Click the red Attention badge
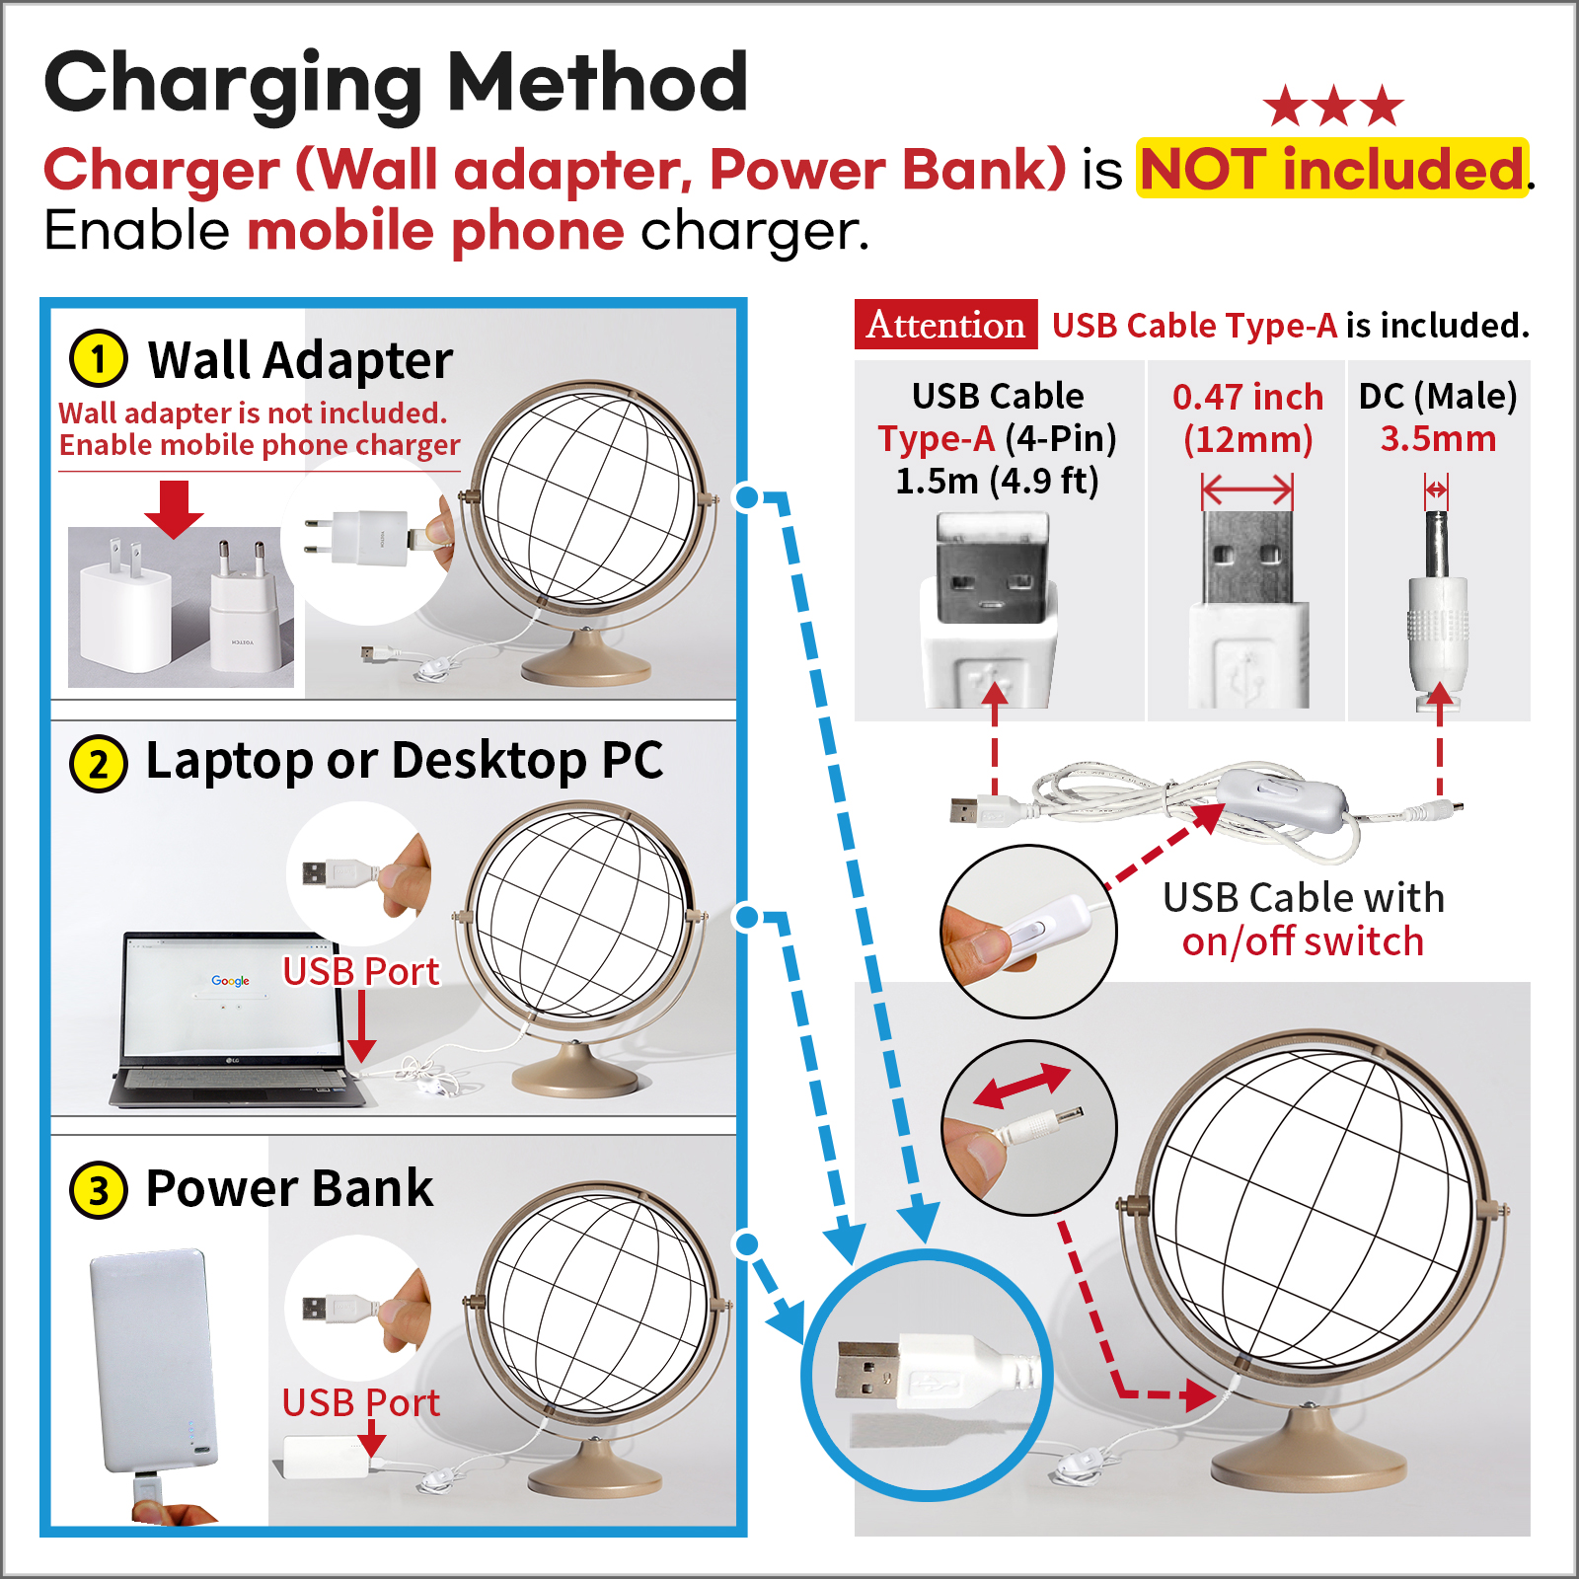tap(945, 325)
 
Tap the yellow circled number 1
tap(99, 358)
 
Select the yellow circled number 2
tap(99, 764)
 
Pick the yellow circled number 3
tap(99, 1190)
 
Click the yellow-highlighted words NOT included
tap(1331, 169)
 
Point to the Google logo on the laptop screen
tap(230, 981)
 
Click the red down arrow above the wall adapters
tap(174, 509)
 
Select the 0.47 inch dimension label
tap(1247, 397)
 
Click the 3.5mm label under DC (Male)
tap(1438, 439)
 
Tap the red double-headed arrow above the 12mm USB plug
tap(1247, 489)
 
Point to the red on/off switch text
tap(1303, 941)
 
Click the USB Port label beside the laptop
tap(360, 972)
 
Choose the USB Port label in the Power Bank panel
tap(360, 1402)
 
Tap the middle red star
tap(1334, 107)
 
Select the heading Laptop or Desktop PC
tap(405, 761)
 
